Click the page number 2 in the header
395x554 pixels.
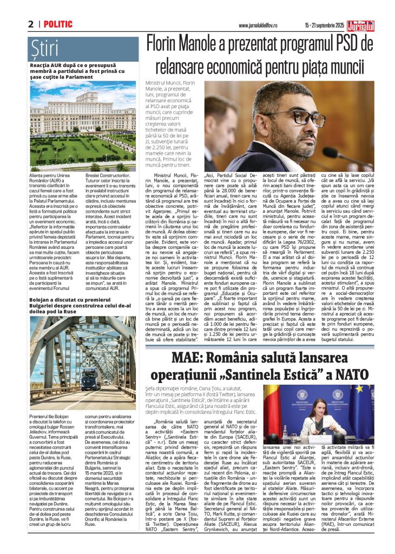coord(31,24)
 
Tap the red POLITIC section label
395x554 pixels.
coord(58,24)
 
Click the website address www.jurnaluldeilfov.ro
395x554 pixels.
coord(258,25)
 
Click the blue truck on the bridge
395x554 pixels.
coord(74,377)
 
